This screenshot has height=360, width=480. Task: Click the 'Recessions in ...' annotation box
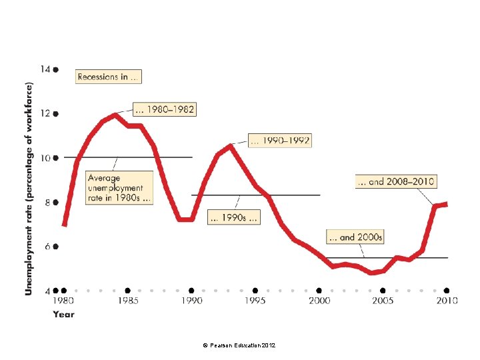[x=109, y=77]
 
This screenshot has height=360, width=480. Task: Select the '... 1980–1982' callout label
[x=165, y=109]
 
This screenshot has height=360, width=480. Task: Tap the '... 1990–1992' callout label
[x=280, y=141]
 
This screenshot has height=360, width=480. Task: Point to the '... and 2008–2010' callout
[x=396, y=181]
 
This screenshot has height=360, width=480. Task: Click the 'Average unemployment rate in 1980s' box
[x=119, y=187]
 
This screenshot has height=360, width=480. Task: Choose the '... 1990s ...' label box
[x=234, y=217]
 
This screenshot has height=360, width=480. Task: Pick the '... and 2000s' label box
[x=355, y=237]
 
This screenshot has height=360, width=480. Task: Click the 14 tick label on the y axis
[x=45, y=69]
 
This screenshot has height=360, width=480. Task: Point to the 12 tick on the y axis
[x=45, y=113]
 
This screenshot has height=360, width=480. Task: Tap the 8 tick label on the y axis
[x=47, y=203]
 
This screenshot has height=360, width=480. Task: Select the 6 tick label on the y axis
[x=47, y=247]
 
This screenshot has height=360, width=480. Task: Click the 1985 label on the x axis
[x=128, y=301]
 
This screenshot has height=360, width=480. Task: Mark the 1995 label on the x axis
[x=255, y=301]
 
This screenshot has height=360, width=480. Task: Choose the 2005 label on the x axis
[x=383, y=301]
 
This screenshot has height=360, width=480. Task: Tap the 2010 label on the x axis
[x=447, y=301]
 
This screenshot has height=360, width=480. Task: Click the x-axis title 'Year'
[x=64, y=315]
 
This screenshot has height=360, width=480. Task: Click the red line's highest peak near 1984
[x=115, y=115]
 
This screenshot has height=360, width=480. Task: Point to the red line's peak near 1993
[x=230, y=146]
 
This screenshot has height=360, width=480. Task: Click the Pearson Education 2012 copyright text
[x=239, y=345]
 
